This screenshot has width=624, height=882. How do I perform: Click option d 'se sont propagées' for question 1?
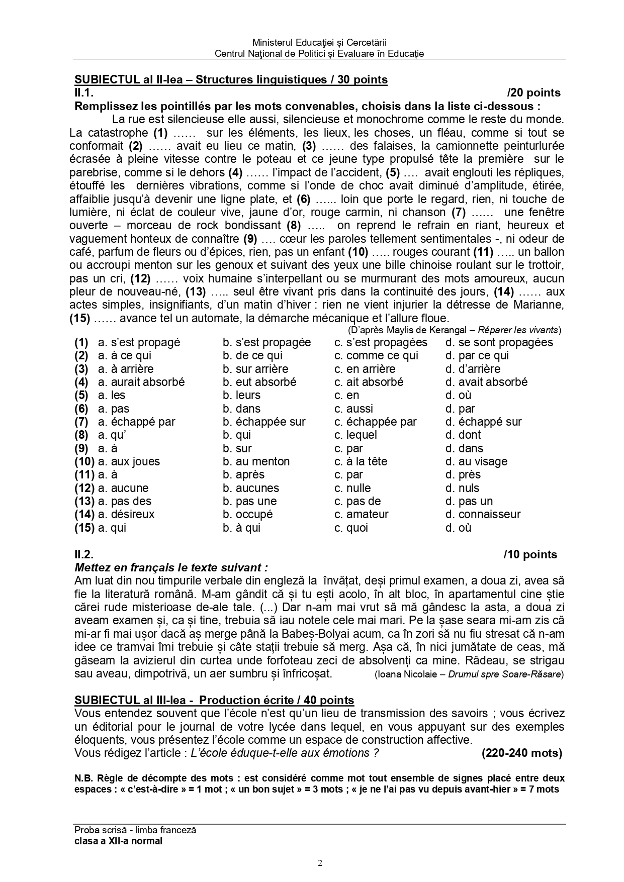[499, 343]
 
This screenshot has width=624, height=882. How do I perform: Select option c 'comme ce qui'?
[376, 356]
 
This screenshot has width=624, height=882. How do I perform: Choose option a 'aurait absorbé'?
[141, 382]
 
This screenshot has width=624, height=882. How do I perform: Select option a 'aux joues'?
[129, 461]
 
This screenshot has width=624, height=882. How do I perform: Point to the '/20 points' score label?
[533, 93]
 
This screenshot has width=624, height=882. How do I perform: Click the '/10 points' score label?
[530, 555]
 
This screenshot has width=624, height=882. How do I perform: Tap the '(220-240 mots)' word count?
[521, 753]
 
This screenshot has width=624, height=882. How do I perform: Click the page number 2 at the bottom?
[320, 863]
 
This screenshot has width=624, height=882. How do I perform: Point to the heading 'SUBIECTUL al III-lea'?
[133, 700]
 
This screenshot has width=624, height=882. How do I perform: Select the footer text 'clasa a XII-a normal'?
[118, 841]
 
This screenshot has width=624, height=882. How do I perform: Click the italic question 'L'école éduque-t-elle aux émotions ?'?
[282, 753]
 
